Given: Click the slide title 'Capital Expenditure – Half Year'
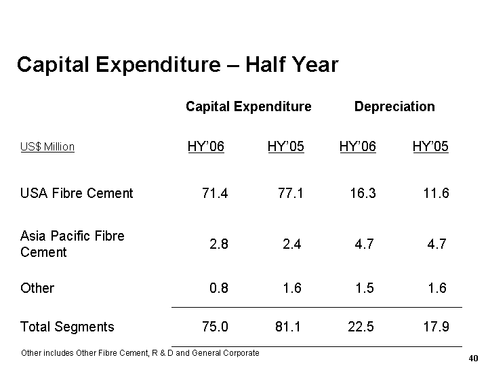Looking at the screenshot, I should pyautogui.click(x=177, y=64).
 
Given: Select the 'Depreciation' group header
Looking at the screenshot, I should pyautogui.click(x=394, y=106).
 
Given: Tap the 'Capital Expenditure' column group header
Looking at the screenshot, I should pyautogui.click(x=248, y=106).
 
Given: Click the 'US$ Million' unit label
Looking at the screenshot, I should pyautogui.click(x=47, y=147).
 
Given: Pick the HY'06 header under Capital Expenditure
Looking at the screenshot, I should pyautogui.click(x=206, y=146).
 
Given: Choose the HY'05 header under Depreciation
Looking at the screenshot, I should pyautogui.click(x=430, y=146).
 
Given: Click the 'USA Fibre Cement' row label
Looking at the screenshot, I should pyautogui.click(x=77, y=193).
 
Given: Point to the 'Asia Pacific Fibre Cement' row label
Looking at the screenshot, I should pyautogui.click(x=73, y=244).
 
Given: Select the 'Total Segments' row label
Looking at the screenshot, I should pyautogui.click(x=67, y=327).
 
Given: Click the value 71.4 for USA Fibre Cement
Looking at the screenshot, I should pyautogui.click(x=216, y=193).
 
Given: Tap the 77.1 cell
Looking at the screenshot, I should pyautogui.click(x=291, y=193).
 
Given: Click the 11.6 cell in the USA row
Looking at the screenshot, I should pyautogui.click(x=435, y=193).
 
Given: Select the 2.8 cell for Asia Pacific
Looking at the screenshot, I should pyautogui.click(x=219, y=244).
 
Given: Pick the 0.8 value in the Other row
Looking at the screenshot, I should pyautogui.click(x=219, y=288).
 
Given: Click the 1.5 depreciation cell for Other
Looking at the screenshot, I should pyautogui.click(x=364, y=288).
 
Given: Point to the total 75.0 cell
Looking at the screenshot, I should pyautogui.click(x=216, y=327).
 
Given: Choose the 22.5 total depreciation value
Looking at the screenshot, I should pyautogui.click(x=361, y=327).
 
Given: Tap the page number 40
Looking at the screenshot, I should pyautogui.click(x=473, y=358).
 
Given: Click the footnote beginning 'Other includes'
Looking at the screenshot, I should pyautogui.click(x=140, y=352).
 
